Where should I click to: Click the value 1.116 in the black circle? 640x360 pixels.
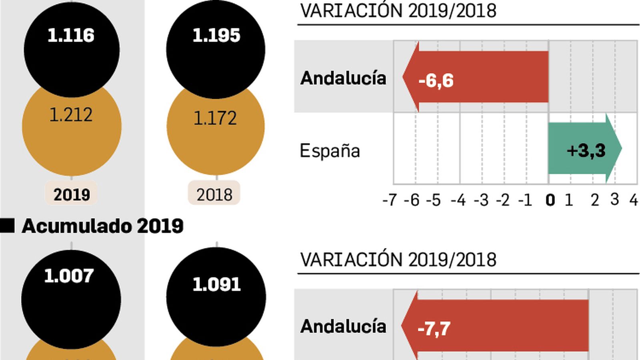click(x=71, y=36)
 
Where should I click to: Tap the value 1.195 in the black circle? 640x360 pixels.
click(x=216, y=36)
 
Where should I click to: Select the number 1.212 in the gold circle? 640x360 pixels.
click(x=71, y=115)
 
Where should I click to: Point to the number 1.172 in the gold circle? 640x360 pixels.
click(x=215, y=118)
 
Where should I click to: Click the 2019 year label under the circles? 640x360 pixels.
click(x=72, y=195)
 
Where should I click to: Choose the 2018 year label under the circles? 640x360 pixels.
click(x=214, y=195)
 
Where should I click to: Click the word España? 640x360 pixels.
click(x=330, y=151)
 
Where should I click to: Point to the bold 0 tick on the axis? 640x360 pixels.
click(x=550, y=200)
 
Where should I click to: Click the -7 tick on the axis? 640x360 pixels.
click(x=389, y=200)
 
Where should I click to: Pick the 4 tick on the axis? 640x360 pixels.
click(x=634, y=200)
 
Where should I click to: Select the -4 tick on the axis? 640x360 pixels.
click(x=458, y=200)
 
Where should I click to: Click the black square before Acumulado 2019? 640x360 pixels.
click(x=7, y=226)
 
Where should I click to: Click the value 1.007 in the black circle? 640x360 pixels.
click(x=69, y=276)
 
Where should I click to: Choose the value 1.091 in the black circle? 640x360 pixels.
click(x=216, y=284)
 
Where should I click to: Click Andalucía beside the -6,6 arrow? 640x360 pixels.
click(x=343, y=78)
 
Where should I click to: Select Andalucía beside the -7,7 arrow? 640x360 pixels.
click(x=343, y=326)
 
